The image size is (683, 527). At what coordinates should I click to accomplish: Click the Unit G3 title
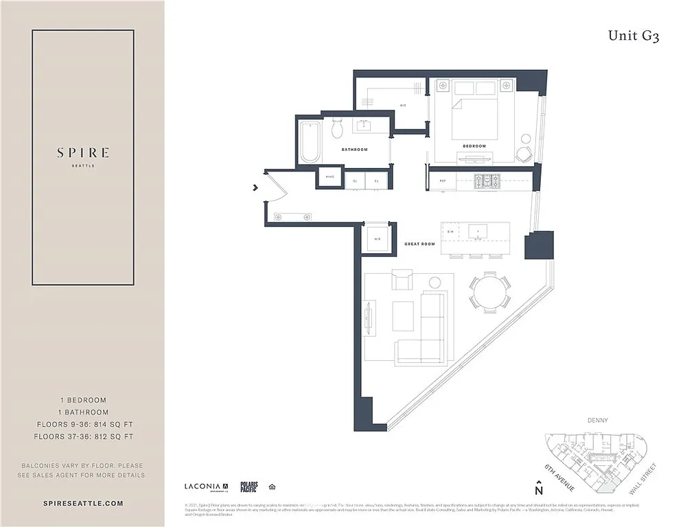click(633, 36)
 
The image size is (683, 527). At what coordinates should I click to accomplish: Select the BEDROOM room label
click(474, 146)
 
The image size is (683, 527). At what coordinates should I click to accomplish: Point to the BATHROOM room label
click(355, 150)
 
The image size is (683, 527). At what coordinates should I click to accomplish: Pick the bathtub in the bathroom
click(310, 141)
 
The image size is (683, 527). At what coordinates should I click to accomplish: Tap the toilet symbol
click(338, 128)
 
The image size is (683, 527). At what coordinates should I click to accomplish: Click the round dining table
click(490, 292)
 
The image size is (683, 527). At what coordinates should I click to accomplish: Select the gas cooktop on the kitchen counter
click(490, 181)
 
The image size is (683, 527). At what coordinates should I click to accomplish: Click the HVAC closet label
click(329, 180)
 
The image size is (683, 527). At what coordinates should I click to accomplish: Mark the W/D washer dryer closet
click(377, 238)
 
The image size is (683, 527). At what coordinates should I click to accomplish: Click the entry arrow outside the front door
click(255, 187)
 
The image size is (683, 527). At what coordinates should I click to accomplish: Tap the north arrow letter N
click(539, 491)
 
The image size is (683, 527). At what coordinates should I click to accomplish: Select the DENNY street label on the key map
click(599, 420)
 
